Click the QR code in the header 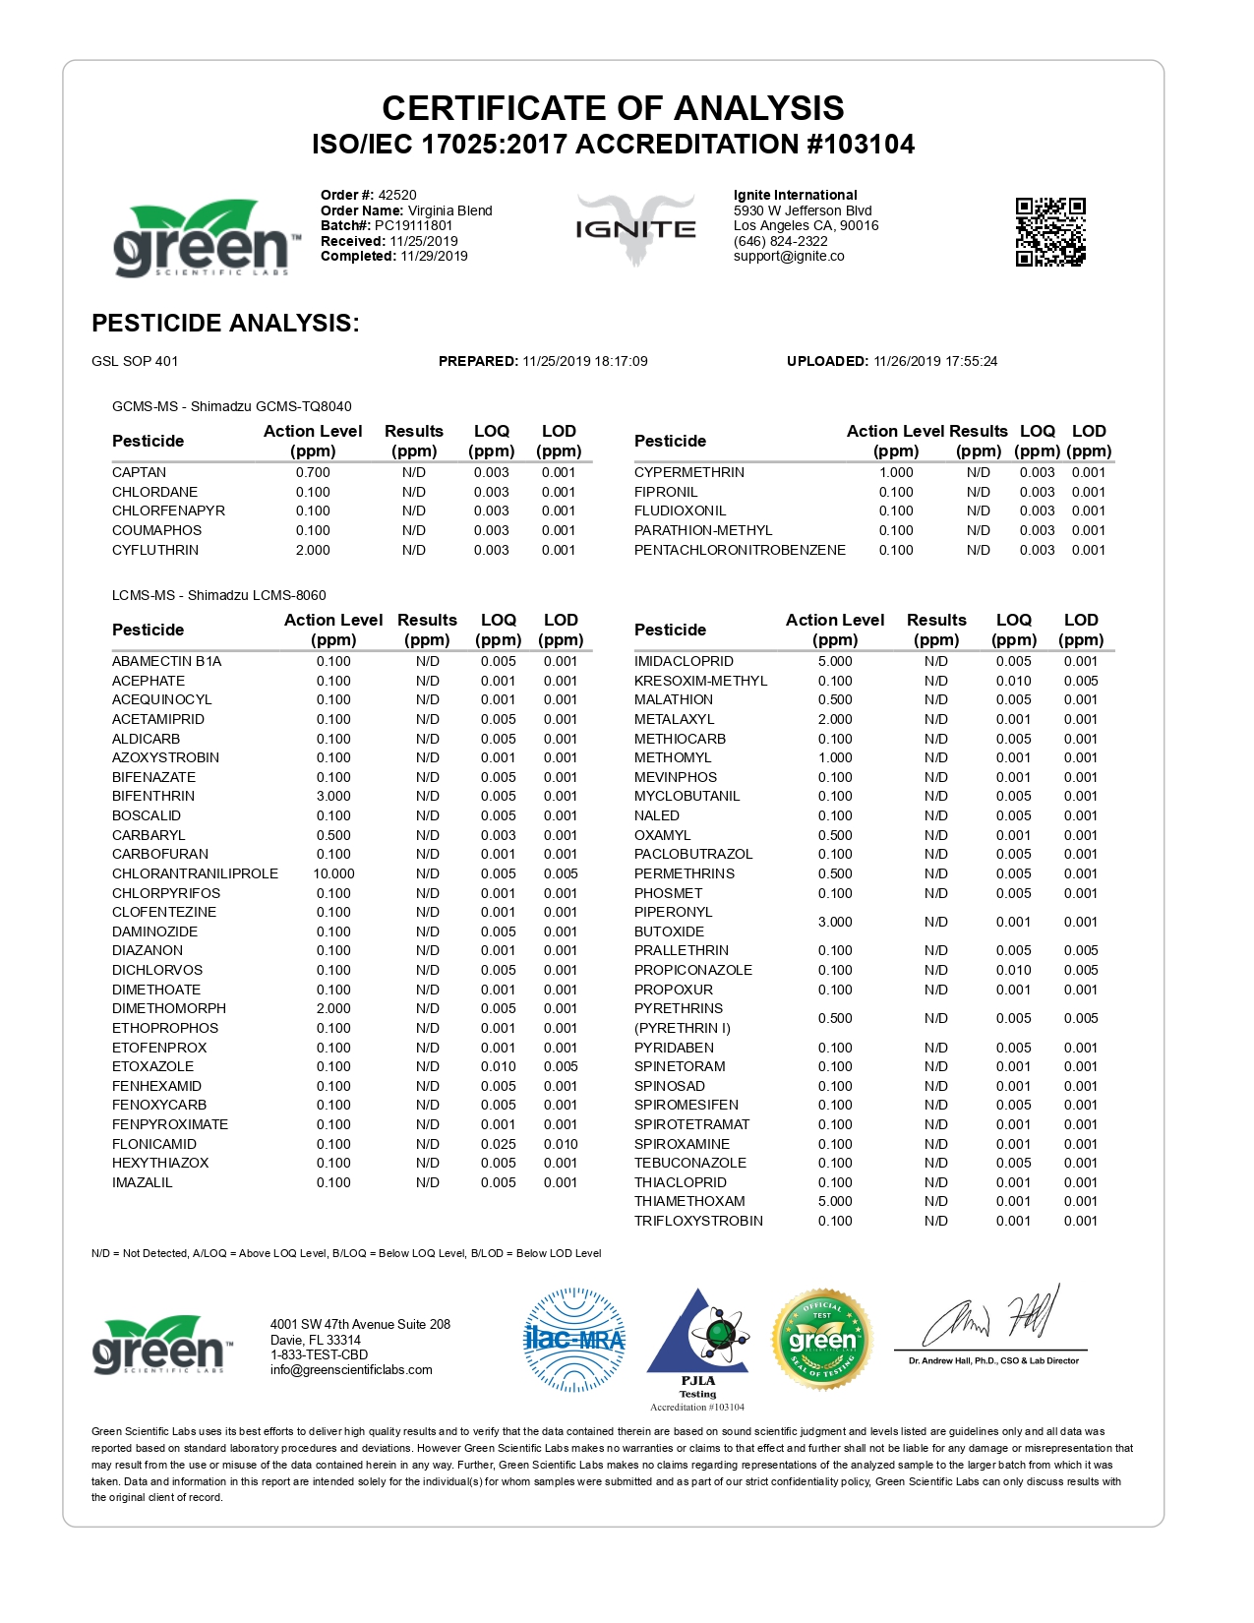pos(1049,232)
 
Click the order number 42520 pos(397,195)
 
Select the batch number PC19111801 pos(413,225)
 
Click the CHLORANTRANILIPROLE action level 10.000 pos(333,873)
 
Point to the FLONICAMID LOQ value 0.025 pos(498,1144)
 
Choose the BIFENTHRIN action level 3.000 pos(333,796)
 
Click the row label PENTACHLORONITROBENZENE pos(740,550)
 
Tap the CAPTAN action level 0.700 pos(313,472)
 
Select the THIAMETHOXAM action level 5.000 pos(835,1201)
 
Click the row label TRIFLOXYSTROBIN pos(698,1221)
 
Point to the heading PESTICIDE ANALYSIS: pos(225,323)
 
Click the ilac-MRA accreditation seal pos(574,1340)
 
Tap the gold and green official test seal pos(822,1340)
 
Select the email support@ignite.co pos(789,256)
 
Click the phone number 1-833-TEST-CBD pos(320,1354)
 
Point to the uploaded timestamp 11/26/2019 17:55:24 pos(935,361)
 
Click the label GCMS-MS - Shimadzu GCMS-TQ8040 pos(232,406)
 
